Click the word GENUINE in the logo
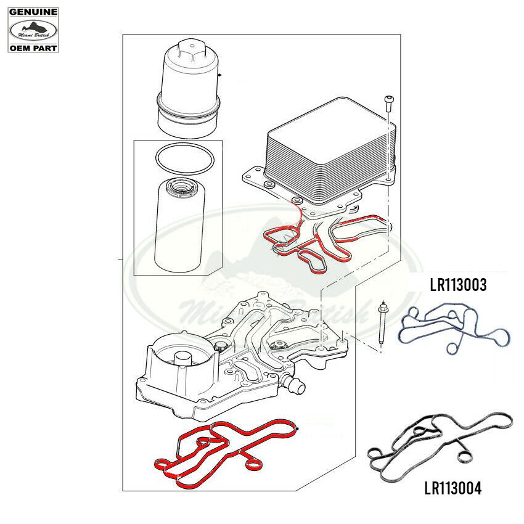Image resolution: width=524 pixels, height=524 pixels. [x=33, y=12]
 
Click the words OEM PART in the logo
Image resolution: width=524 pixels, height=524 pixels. [x=33, y=48]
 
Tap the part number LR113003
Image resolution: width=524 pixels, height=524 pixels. [x=458, y=285]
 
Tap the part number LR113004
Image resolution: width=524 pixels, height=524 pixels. [x=453, y=488]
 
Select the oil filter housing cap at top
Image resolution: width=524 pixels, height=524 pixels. [x=189, y=89]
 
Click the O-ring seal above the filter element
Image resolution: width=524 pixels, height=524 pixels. [x=184, y=158]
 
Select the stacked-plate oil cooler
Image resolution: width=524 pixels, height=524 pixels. [x=329, y=150]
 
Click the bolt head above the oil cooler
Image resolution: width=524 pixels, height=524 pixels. [x=388, y=100]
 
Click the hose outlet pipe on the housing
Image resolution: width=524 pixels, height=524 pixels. [x=294, y=385]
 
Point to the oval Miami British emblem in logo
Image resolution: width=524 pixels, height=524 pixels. [x=33, y=30]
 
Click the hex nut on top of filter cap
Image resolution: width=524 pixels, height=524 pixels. [x=191, y=50]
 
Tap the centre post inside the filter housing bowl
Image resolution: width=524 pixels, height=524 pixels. [x=183, y=362]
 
